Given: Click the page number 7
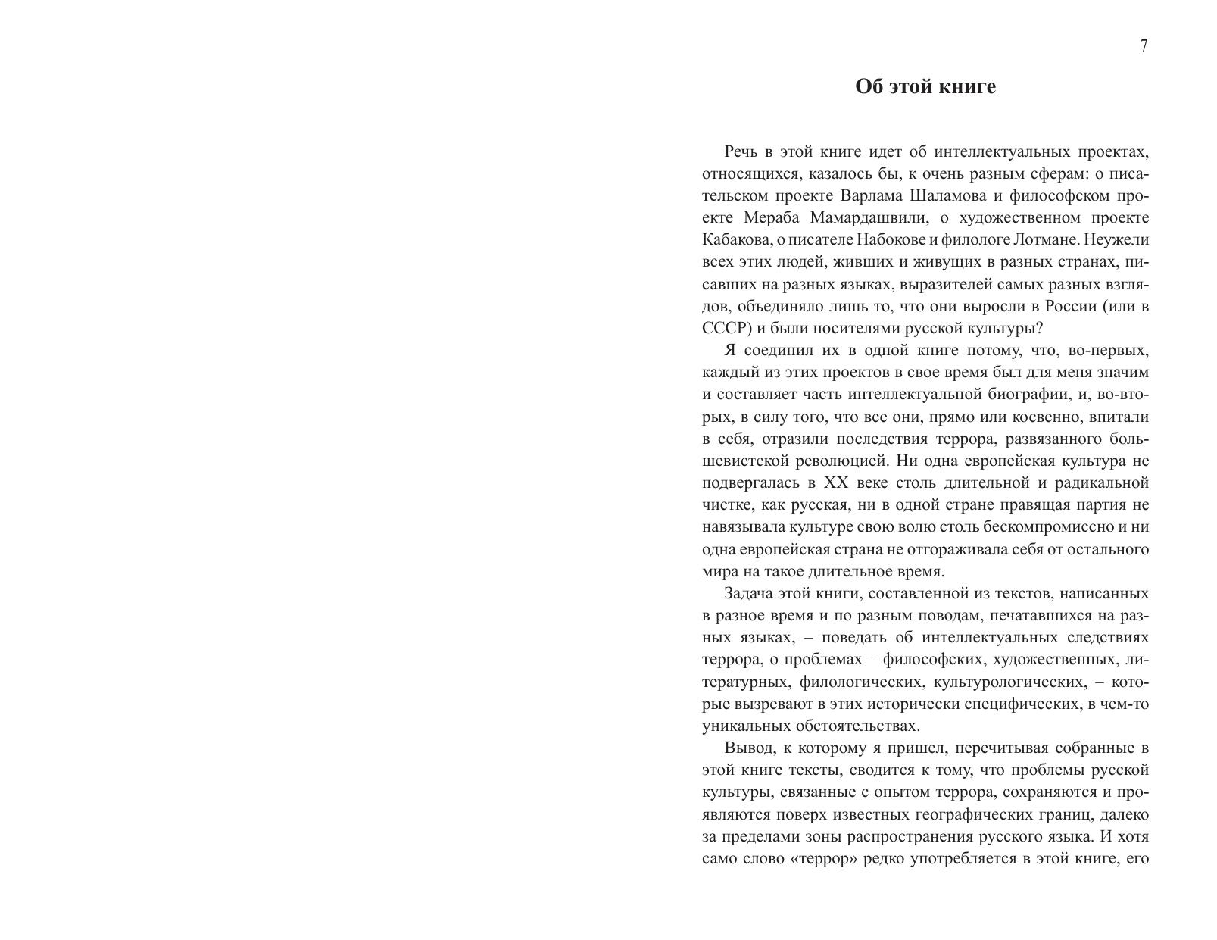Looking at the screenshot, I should pos(1144,46).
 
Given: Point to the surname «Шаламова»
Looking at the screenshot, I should pos(944,195).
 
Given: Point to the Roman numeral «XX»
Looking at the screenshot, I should pos(836,482).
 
